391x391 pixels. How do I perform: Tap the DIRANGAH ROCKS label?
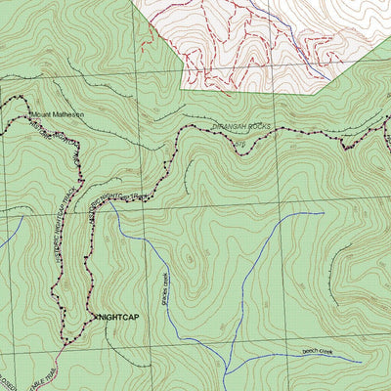point(238,128)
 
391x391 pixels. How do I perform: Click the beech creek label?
point(318,350)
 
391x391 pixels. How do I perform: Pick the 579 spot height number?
point(241,145)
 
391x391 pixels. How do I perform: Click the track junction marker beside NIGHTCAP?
point(93,318)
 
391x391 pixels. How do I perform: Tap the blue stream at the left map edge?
point(6,235)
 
